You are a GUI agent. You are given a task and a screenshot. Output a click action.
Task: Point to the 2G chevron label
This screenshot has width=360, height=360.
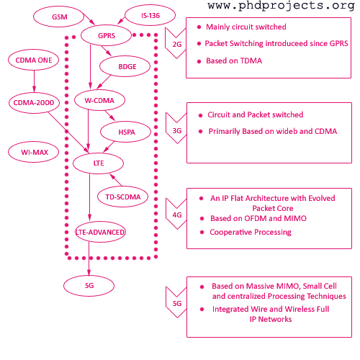(x=177, y=44)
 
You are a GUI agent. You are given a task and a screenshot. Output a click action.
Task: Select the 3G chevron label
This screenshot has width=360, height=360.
(x=177, y=130)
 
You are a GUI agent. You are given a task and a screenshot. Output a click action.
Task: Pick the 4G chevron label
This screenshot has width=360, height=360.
(x=177, y=215)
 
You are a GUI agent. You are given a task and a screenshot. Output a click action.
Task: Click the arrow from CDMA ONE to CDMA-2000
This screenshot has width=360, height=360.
(x=34, y=81)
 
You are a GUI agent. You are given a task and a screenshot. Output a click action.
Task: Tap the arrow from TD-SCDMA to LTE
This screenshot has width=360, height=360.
(x=116, y=179)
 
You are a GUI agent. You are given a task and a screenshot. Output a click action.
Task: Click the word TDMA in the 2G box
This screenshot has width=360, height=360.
(x=251, y=60)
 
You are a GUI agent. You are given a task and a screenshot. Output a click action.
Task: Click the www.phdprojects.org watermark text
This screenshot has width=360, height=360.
(x=281, y=6)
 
